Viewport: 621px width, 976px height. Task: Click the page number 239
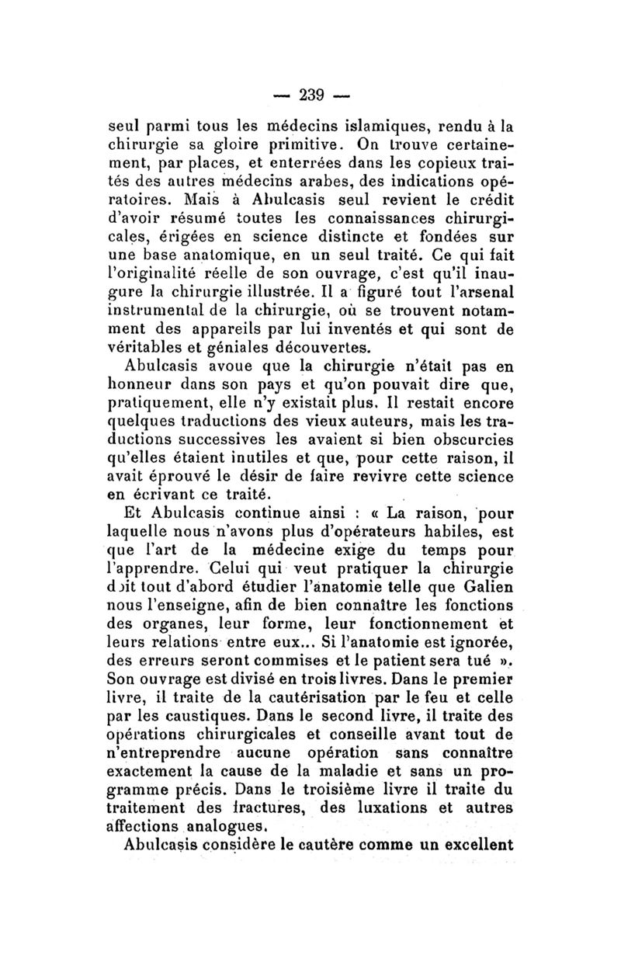pyautogui.click(x=310, y=95)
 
